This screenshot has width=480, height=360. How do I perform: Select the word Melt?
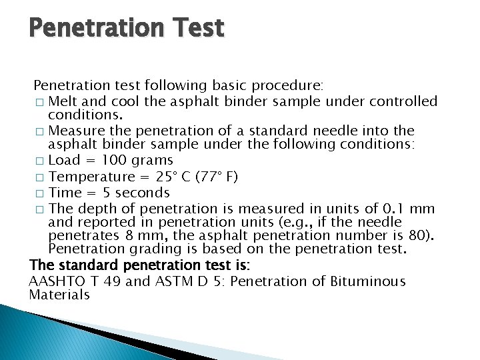tap(65, 101)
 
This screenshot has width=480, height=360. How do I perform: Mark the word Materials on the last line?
tap(59, 295)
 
